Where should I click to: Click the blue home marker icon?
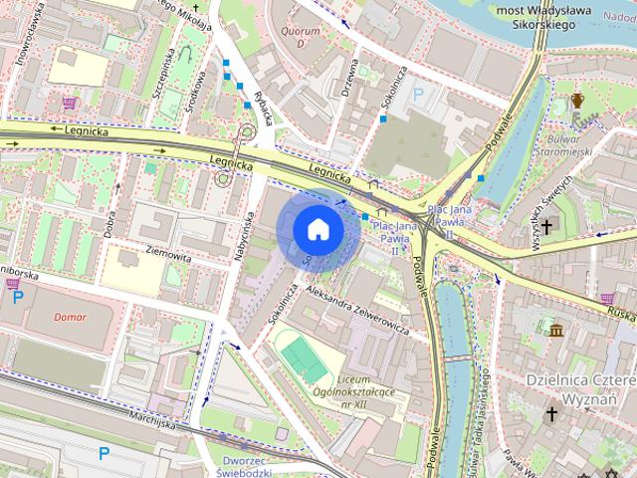tap(318, 229)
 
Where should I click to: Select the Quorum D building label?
tap(301, 37)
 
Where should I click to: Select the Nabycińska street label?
tap(241, 237)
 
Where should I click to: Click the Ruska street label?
tap(622, 313)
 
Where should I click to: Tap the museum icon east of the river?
tap(555, 329)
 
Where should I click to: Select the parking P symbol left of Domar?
tap(18, 296)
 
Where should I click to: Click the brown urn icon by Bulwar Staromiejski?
tap(577, 100)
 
